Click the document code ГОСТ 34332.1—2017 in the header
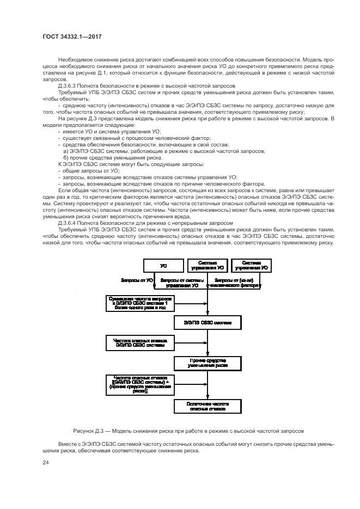click(72, 36)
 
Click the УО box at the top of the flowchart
click(163, 267)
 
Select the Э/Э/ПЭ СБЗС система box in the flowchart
click(208, 323)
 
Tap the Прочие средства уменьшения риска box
click(208, 363)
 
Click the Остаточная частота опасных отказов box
click(208, 406)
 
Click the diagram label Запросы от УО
click(138, 280)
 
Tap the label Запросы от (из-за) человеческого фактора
click(235, 283)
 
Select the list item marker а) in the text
click(66, 151)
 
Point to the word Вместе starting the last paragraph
click(67, 444)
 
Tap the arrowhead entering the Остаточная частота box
click(208, 397)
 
